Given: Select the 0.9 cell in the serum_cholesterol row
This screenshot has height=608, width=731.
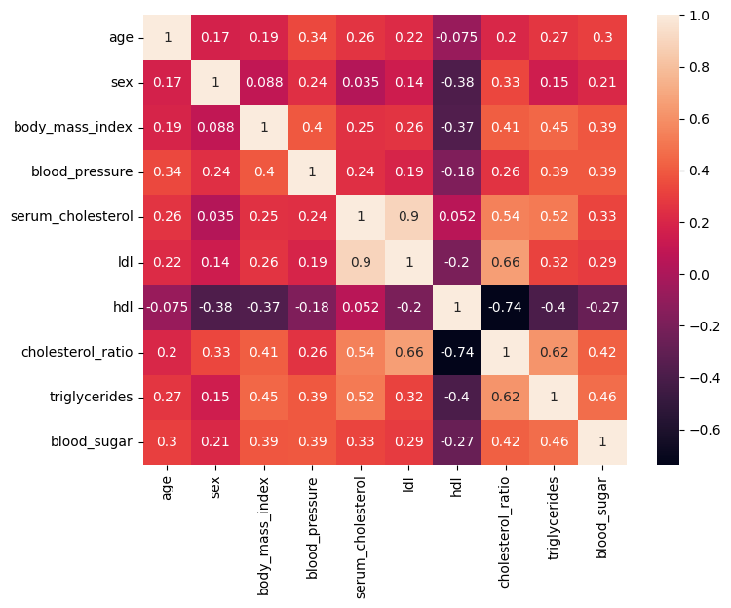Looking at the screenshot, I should pyautogui.click(x=409, y=217).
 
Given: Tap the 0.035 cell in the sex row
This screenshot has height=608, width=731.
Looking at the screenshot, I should pyautogui.click(x=361, y=83).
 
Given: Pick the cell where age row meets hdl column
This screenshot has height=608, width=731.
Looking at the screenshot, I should pyautogui.click(x=457, y=38).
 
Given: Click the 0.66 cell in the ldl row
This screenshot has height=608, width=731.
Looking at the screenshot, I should pyautogui.click(x=506, y=262).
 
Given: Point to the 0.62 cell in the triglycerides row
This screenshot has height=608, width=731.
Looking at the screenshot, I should pyautogui.click(x=506, y=398).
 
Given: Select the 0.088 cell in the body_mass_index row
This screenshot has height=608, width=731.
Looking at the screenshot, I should pyautogui.click(x=215, y=128).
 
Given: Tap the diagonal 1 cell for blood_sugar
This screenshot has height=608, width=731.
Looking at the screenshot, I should pyautogui.click(x=602, y=442).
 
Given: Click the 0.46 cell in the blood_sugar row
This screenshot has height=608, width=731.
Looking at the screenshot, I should pyautogui.click(x=554, y=442).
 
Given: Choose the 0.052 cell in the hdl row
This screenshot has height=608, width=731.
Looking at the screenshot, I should pyautogui.click(x=361, y=308).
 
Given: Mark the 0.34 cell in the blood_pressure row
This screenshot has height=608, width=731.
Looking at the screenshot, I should pyautogui.click(x=168, y=172).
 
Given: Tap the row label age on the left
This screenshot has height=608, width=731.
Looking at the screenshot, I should pyautogui.click(x=120, y=38).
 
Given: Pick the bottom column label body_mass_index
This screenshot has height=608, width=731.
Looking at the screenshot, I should pyautogui.click(x=264, y=528).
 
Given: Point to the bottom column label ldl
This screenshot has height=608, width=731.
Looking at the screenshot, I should pyautogui.click(x=409, y=486).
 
